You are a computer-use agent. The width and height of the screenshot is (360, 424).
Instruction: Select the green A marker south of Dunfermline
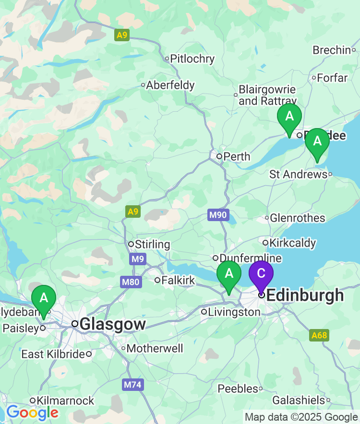(229, 274)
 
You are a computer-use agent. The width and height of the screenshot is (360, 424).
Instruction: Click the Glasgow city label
(112, 324)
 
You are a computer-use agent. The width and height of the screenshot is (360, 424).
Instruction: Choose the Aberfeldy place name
(170, 85)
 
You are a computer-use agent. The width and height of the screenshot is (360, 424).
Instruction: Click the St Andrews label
(298, 174)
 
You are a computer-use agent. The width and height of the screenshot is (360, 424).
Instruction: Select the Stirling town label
(152, 244)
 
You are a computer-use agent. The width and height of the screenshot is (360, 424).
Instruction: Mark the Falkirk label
(178, 280)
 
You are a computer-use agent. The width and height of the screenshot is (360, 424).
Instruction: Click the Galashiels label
(299, 400)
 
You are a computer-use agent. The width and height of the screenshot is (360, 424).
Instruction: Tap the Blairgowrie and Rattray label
(267, 95)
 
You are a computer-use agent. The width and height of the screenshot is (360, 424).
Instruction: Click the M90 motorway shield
(218, 215)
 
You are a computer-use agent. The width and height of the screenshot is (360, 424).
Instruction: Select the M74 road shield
(133, 385)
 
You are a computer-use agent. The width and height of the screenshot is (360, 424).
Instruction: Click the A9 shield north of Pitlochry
(122, 35)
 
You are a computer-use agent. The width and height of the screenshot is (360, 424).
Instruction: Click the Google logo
(32, 412)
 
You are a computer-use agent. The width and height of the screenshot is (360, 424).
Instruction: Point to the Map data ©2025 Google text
(301, 417)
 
